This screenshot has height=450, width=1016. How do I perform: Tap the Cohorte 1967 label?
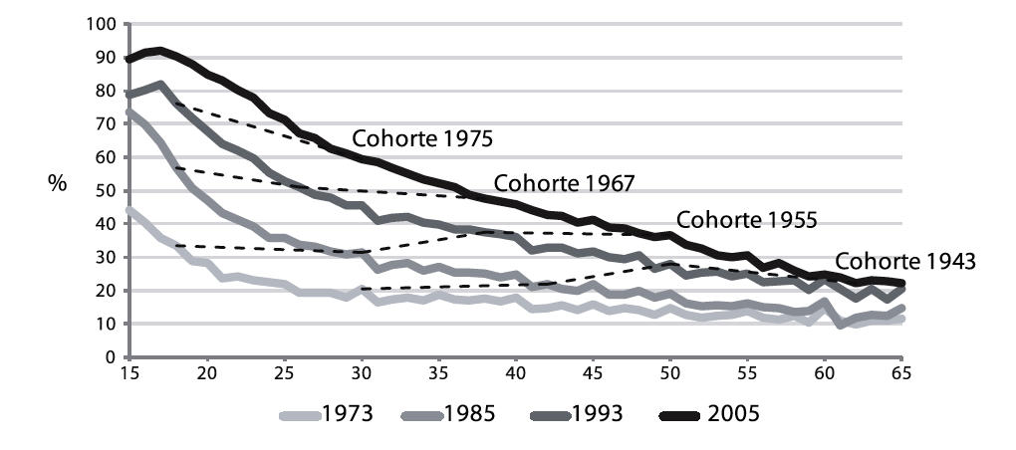point(565,183)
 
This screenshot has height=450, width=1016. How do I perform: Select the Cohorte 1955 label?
point(747,219)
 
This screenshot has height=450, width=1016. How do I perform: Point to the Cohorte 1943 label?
point(905,262)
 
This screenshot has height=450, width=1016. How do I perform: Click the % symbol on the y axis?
point(58,189)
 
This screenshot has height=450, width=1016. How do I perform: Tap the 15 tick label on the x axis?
point(129,373)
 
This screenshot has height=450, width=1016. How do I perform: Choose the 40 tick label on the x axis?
point(515,373)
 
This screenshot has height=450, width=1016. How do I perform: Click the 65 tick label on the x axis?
point(900,373)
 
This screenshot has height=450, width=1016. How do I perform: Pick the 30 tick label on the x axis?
point(361,373)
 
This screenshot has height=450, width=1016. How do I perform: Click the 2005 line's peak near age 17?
point(160,50)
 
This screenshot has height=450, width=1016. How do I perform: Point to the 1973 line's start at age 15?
point(129,210)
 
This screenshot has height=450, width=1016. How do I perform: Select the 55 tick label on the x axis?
point(746,373)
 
